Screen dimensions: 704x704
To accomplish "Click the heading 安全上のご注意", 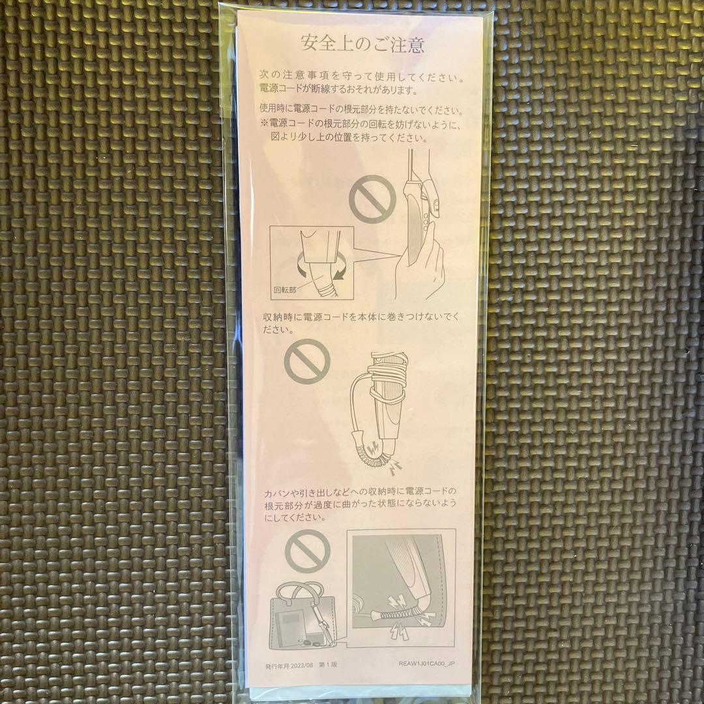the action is pyautogui.click(x=362, y=44).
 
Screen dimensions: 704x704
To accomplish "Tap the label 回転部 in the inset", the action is pyautogui.click(x=285, y=290).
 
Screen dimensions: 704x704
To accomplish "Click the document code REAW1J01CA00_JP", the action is pyautogui.click(x=426, y=664).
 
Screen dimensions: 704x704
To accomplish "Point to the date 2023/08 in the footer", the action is pyautogui.click(x=301, y=666).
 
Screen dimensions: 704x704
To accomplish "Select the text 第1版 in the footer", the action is pyautogui.click(x=328, y=665).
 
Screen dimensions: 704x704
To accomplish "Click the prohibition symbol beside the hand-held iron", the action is pyautogui.click(x=372, y=199).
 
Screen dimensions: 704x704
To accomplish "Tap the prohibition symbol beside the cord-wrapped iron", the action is pyautogui.click(x=307, y=361).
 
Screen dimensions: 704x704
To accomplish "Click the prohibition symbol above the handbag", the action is pyautogui.click(x=308, y=551).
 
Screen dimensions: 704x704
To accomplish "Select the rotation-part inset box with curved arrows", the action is pyautogui.click(x=312, y=263).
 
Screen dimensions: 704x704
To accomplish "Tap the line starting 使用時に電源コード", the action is pyautogui.click(x=362, y=109).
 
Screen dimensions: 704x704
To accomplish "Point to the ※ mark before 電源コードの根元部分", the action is pyautogui.click(x=265, y=123).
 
